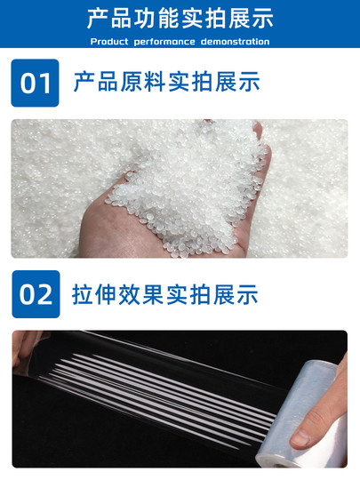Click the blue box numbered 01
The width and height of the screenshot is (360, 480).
(36, 83)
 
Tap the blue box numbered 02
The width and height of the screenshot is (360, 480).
(36, 294)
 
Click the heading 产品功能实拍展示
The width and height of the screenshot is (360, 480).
(180, 19)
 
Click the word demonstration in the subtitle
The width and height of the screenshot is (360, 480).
(232, 42)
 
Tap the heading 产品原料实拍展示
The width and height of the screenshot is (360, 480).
(166, 83)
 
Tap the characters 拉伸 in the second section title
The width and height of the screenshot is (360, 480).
(91, 294)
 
